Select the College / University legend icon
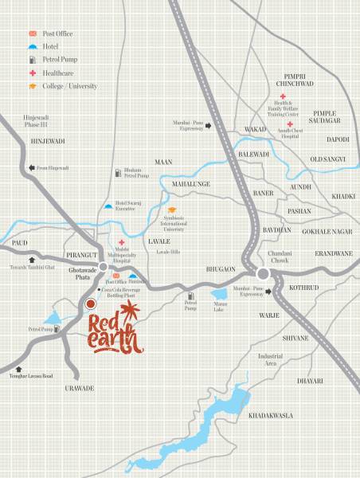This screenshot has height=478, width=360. click(x=32, y=85)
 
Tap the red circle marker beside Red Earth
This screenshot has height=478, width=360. click(x=91, y=304)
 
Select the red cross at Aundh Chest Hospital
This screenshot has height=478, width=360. click(x=288, y=123)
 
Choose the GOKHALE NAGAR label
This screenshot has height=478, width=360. click(x=327, y=231)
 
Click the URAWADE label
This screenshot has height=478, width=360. click(x=80, y=387)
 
